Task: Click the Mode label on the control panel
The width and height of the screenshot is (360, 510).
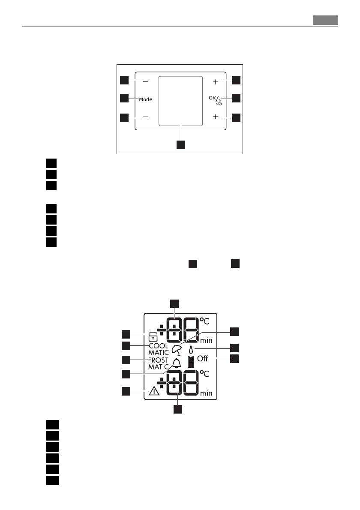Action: (x=146, y=99)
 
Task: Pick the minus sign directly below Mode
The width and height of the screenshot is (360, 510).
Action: (x=146, y=117)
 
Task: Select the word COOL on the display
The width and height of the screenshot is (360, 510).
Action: (x=159, y=346)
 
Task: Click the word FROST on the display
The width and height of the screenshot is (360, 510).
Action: (x=159, y=360)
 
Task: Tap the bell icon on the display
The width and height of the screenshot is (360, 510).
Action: (x=177, y=363)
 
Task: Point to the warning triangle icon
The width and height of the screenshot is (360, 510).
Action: (x=153, y=391)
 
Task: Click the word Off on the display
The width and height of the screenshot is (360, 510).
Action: (x=203, y=359)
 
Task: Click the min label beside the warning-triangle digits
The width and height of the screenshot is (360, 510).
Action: (x=206, y=393)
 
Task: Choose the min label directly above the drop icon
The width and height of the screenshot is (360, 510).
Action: (x=206, y=341)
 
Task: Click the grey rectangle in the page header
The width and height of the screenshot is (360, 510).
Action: (x=325, y=20)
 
